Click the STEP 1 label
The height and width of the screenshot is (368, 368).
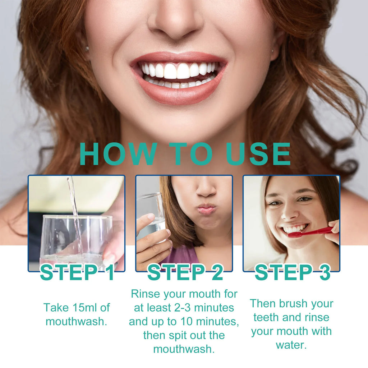77,273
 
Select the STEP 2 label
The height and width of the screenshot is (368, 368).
185,273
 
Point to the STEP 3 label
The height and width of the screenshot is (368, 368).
292,273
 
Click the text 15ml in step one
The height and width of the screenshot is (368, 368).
82,308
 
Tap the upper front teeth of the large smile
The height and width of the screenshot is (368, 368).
177,71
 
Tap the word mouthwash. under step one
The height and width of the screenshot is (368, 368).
76,321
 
